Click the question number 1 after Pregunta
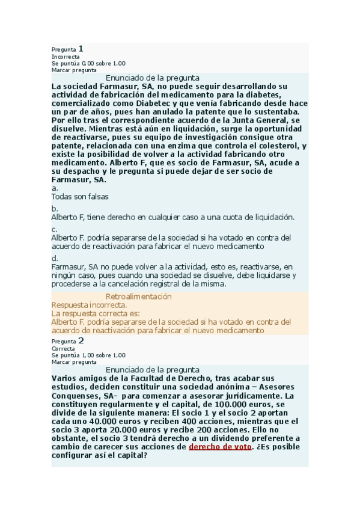[81, 48]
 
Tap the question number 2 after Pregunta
[81, 340]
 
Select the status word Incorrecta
[66, 57]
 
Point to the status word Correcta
[63, 349]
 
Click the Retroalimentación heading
[138, 296]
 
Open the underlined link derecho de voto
[220, 447]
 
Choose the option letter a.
[54, 188]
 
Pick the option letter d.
[55, 258]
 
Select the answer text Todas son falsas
[80, 197]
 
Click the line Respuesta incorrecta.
[89, 305]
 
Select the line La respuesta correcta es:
[96, 313]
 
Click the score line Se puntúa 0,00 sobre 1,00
[88, 63]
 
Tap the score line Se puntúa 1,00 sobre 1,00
[88, 355]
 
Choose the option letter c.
[54, 229]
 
